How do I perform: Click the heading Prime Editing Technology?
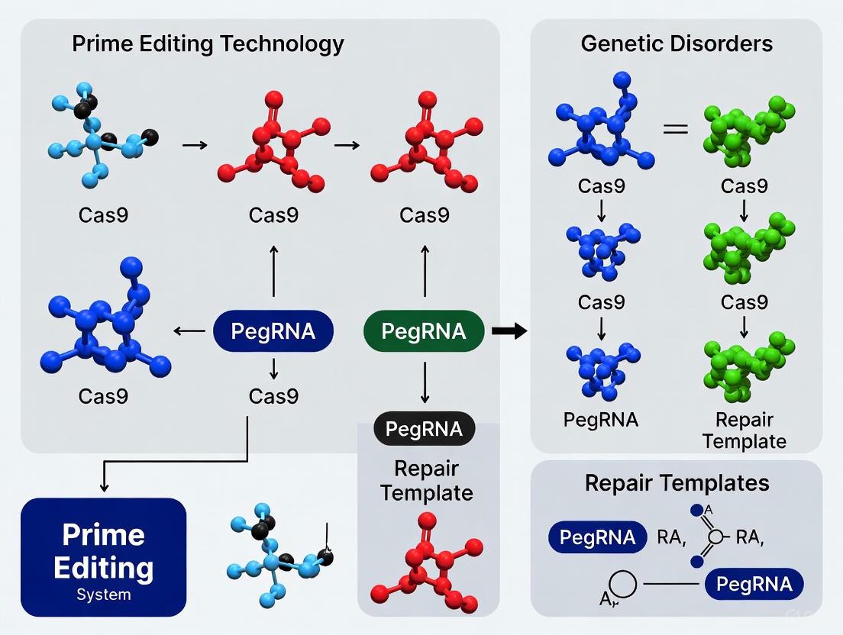(x=208, y=44)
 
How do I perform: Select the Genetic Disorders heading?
(x=676, y=44)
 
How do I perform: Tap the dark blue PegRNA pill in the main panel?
(x=274, y=331)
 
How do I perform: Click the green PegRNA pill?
(x=423, y=331)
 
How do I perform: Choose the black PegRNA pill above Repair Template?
(x=423, y=429)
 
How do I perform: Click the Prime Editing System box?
(x=104, y=557)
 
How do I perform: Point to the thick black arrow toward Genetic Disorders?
(x=509, y=331)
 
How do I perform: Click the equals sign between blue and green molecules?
(x=675, y=129)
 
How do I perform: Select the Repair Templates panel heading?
(x=677, y=483)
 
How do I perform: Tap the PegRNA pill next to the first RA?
(x=597, y=537)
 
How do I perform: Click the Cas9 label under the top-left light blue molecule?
(x=103, y=215)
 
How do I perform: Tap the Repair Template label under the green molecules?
(x=744, y=430)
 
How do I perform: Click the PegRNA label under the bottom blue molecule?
(x=601, y=420)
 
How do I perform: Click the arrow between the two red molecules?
(x=347, y=145)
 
